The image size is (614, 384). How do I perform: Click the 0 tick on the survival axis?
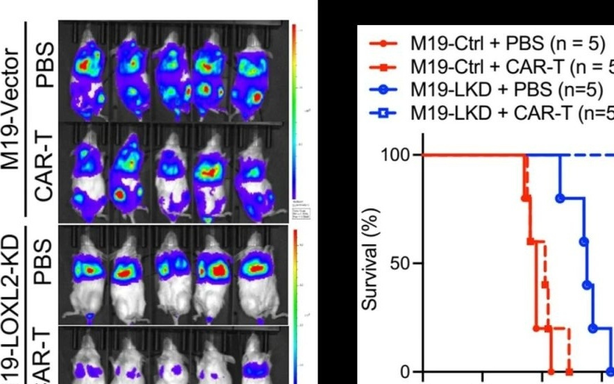(x=406, y=372)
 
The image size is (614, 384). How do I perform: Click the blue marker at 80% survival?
(x=560, y=198)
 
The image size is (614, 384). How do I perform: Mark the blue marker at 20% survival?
(x=592, y=328)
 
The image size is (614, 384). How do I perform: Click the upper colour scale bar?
(x=294, y=111)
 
